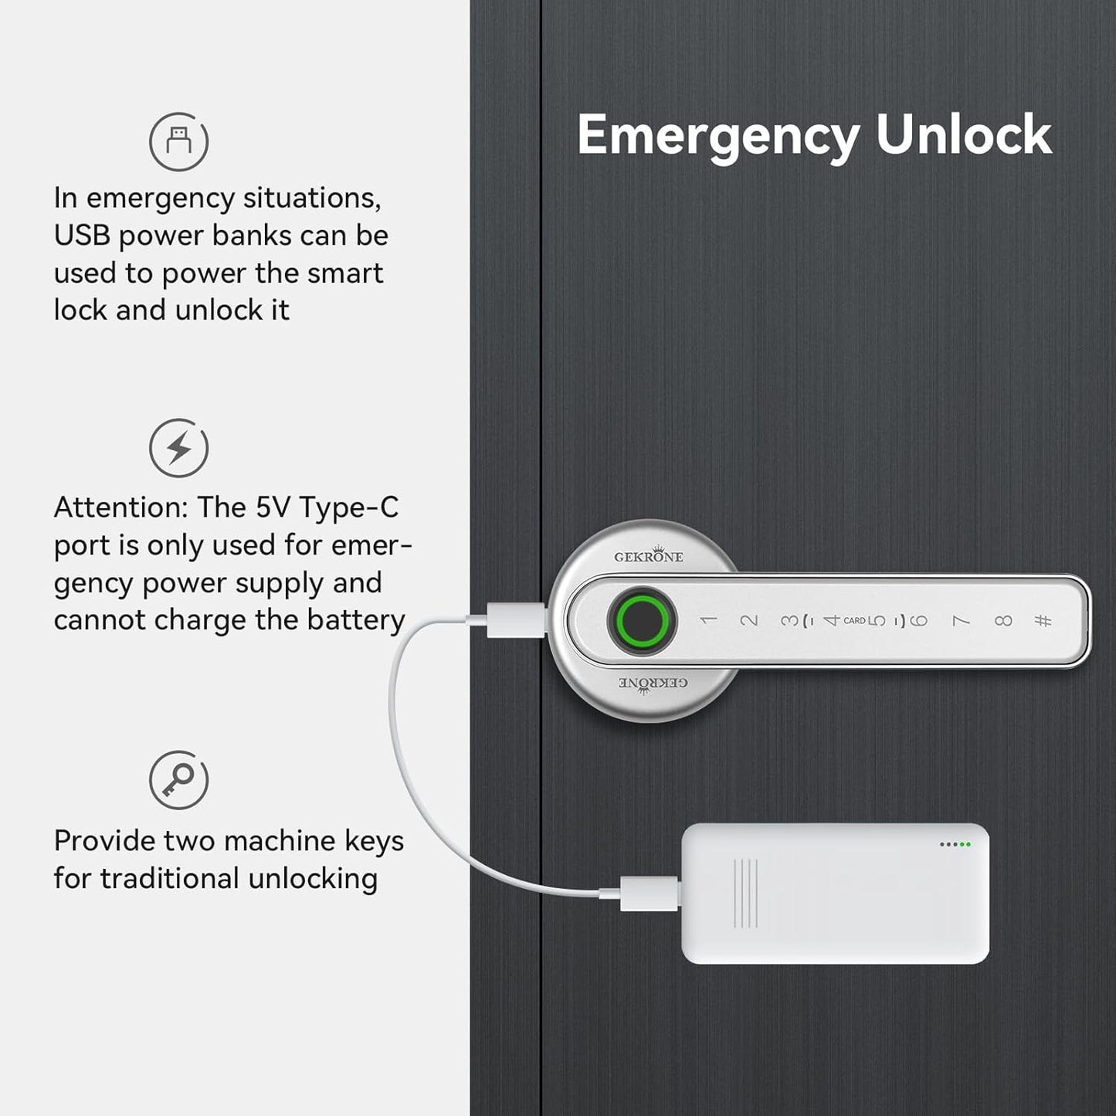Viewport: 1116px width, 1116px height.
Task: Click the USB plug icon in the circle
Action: point(179,141)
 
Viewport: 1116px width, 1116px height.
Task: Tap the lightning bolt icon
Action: point(179,447)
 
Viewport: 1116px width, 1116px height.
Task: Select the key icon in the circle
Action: point(179,779)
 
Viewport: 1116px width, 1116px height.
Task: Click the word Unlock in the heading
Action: point(964,134)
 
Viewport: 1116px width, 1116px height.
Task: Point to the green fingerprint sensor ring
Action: point(641,621)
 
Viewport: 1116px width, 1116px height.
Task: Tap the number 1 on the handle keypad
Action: point(708,621)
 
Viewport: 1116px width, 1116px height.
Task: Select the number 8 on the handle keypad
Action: point(1003,621)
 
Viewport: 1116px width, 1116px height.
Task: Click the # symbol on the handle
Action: point(1043,621)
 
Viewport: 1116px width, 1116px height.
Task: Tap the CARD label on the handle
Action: point(854,621)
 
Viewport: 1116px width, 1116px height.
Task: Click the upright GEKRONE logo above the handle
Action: point(649,555)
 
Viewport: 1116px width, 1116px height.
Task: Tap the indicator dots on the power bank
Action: point(955,845)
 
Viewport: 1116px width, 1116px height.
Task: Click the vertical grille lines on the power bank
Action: point(745,894)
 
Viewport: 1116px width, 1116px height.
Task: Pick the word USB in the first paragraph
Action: point(82,236)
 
